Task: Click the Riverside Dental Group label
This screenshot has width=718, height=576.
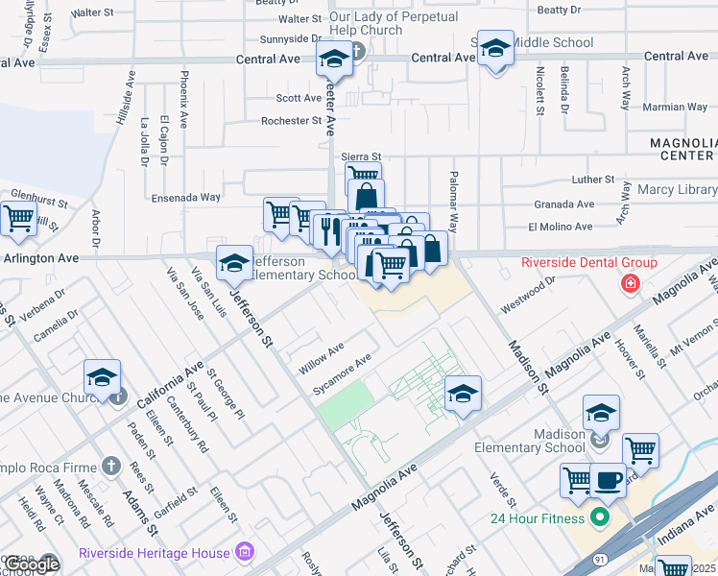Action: [588, 262]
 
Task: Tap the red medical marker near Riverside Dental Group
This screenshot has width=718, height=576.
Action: [630, 283]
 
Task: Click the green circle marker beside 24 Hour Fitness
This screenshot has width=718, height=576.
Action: [601, 519]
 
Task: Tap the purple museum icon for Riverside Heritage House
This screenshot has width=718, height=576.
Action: [245, 552]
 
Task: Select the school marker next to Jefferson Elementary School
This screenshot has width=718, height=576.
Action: [233, 262]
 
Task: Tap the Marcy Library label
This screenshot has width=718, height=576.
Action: [677, 190]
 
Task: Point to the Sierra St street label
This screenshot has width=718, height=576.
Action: [362, 156]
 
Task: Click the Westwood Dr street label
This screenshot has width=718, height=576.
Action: [529, 290]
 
